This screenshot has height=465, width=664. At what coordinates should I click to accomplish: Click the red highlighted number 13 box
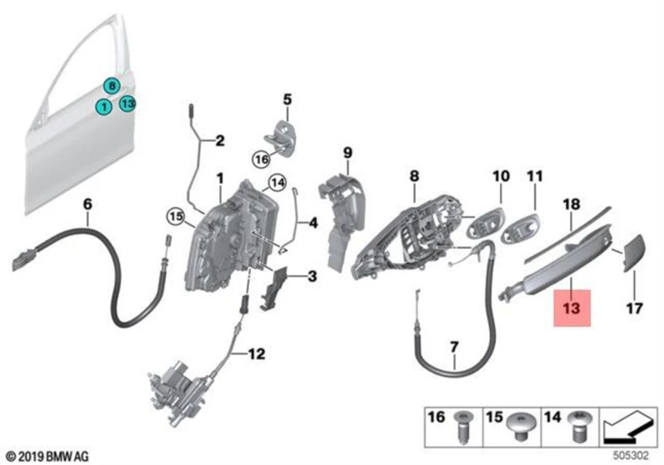click(x=571, y=307)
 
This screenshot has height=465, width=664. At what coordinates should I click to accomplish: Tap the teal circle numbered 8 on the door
click(x=111, y=86)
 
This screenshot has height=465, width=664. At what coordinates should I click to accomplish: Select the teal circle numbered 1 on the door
click(x=102, y=107)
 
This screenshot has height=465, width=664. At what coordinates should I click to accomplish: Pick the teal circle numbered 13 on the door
click(x=127, y=104)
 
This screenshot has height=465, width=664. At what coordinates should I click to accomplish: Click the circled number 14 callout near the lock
click(x=277, y=183)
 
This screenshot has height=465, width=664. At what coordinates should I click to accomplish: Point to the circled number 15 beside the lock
click(x=176, y=217)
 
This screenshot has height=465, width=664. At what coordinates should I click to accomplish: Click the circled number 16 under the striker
click(x=260, y=158)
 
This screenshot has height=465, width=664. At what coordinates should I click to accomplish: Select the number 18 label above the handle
click(x=571, y=205)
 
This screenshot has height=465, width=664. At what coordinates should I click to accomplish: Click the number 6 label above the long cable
click(x=87, y=204)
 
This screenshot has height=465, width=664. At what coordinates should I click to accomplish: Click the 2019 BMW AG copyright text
click(x=48, y=456)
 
